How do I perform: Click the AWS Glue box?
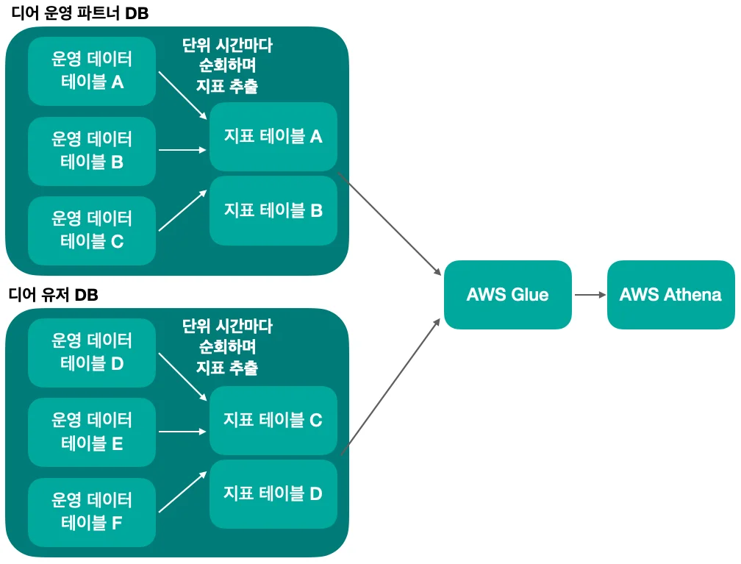[x=507, y=294]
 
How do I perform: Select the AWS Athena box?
[x=670, y=294]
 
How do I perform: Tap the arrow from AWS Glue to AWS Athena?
[x=589, y=295]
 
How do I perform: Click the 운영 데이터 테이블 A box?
[x=92, y=71]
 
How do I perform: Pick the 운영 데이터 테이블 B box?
[x=92, y=151]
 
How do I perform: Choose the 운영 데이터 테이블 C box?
[x=92, y=230]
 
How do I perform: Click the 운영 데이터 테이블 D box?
[x=92, y=352]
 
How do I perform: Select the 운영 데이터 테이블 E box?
[x=92, y=432]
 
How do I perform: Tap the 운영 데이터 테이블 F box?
[x=92, y=512]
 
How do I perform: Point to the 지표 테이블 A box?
[x=273, y=136]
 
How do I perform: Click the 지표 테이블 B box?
[x=273, y=210]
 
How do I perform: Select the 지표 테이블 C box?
[x=273, y=420]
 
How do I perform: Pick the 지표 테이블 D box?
[x=273, y=493]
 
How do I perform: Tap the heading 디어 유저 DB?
[x=53, y=295]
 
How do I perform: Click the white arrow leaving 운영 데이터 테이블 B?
[x=182, y=150]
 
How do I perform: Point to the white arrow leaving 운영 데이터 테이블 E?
[x=182, y=432]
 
